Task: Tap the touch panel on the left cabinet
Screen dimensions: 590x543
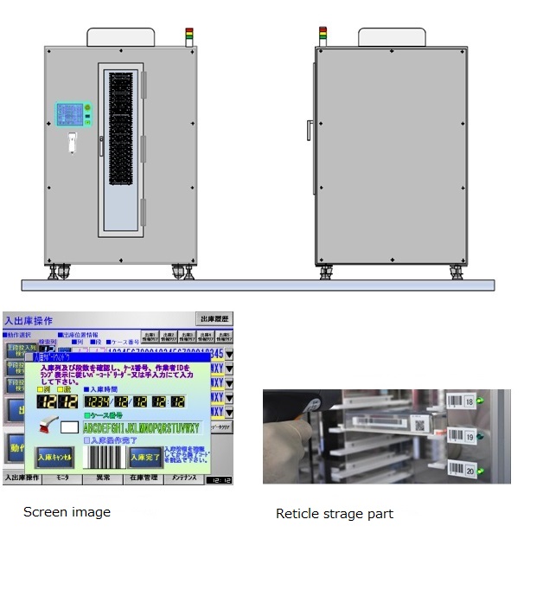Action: click(72, 115)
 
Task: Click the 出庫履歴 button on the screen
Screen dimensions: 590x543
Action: click(215, 319)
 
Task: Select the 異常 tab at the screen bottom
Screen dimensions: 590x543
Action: click(103, 478)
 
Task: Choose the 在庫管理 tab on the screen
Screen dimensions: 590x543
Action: click(143, 478)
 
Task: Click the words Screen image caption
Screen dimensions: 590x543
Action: click(67, 512)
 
